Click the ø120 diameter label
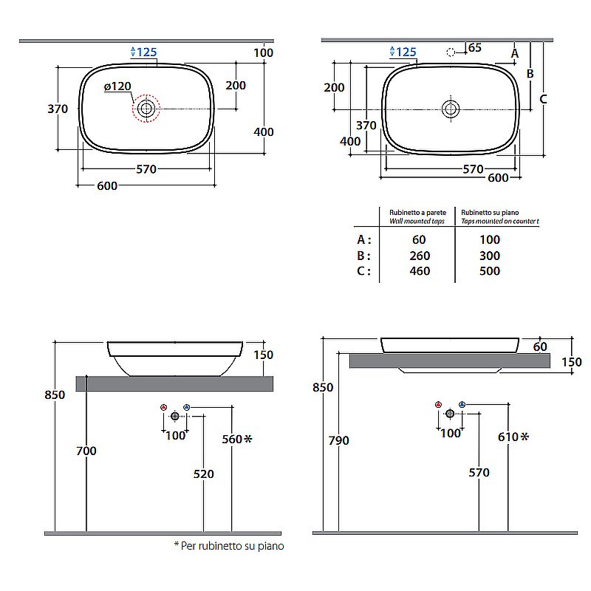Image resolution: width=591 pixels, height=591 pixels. click(117, 86)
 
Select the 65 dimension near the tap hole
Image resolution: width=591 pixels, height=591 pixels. click(474, 47)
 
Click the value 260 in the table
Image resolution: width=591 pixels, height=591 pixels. click(420, 256)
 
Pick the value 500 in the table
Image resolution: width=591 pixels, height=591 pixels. click(490, 270)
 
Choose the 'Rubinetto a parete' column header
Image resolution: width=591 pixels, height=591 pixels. click(417, 213)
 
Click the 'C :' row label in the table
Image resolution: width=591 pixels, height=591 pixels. click(363, 271)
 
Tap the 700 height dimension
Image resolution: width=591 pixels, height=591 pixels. click(86, 451)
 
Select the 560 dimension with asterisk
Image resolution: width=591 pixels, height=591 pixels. click(236, 439)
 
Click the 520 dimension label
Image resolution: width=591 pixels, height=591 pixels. click(204, 474)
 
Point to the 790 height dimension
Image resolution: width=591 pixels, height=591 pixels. click(338, 440)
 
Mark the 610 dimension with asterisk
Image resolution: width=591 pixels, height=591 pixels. click(513, 437)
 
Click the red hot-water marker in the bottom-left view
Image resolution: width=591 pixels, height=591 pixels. click(163, 407)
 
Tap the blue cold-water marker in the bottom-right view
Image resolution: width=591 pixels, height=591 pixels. click(462, 404)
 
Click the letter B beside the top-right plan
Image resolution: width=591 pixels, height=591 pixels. click(530, 73)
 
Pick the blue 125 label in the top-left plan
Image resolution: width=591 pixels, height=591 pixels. click(143, 52)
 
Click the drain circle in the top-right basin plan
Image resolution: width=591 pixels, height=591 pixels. click(451, 109)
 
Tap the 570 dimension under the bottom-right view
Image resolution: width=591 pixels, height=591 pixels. click(479, 472)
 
